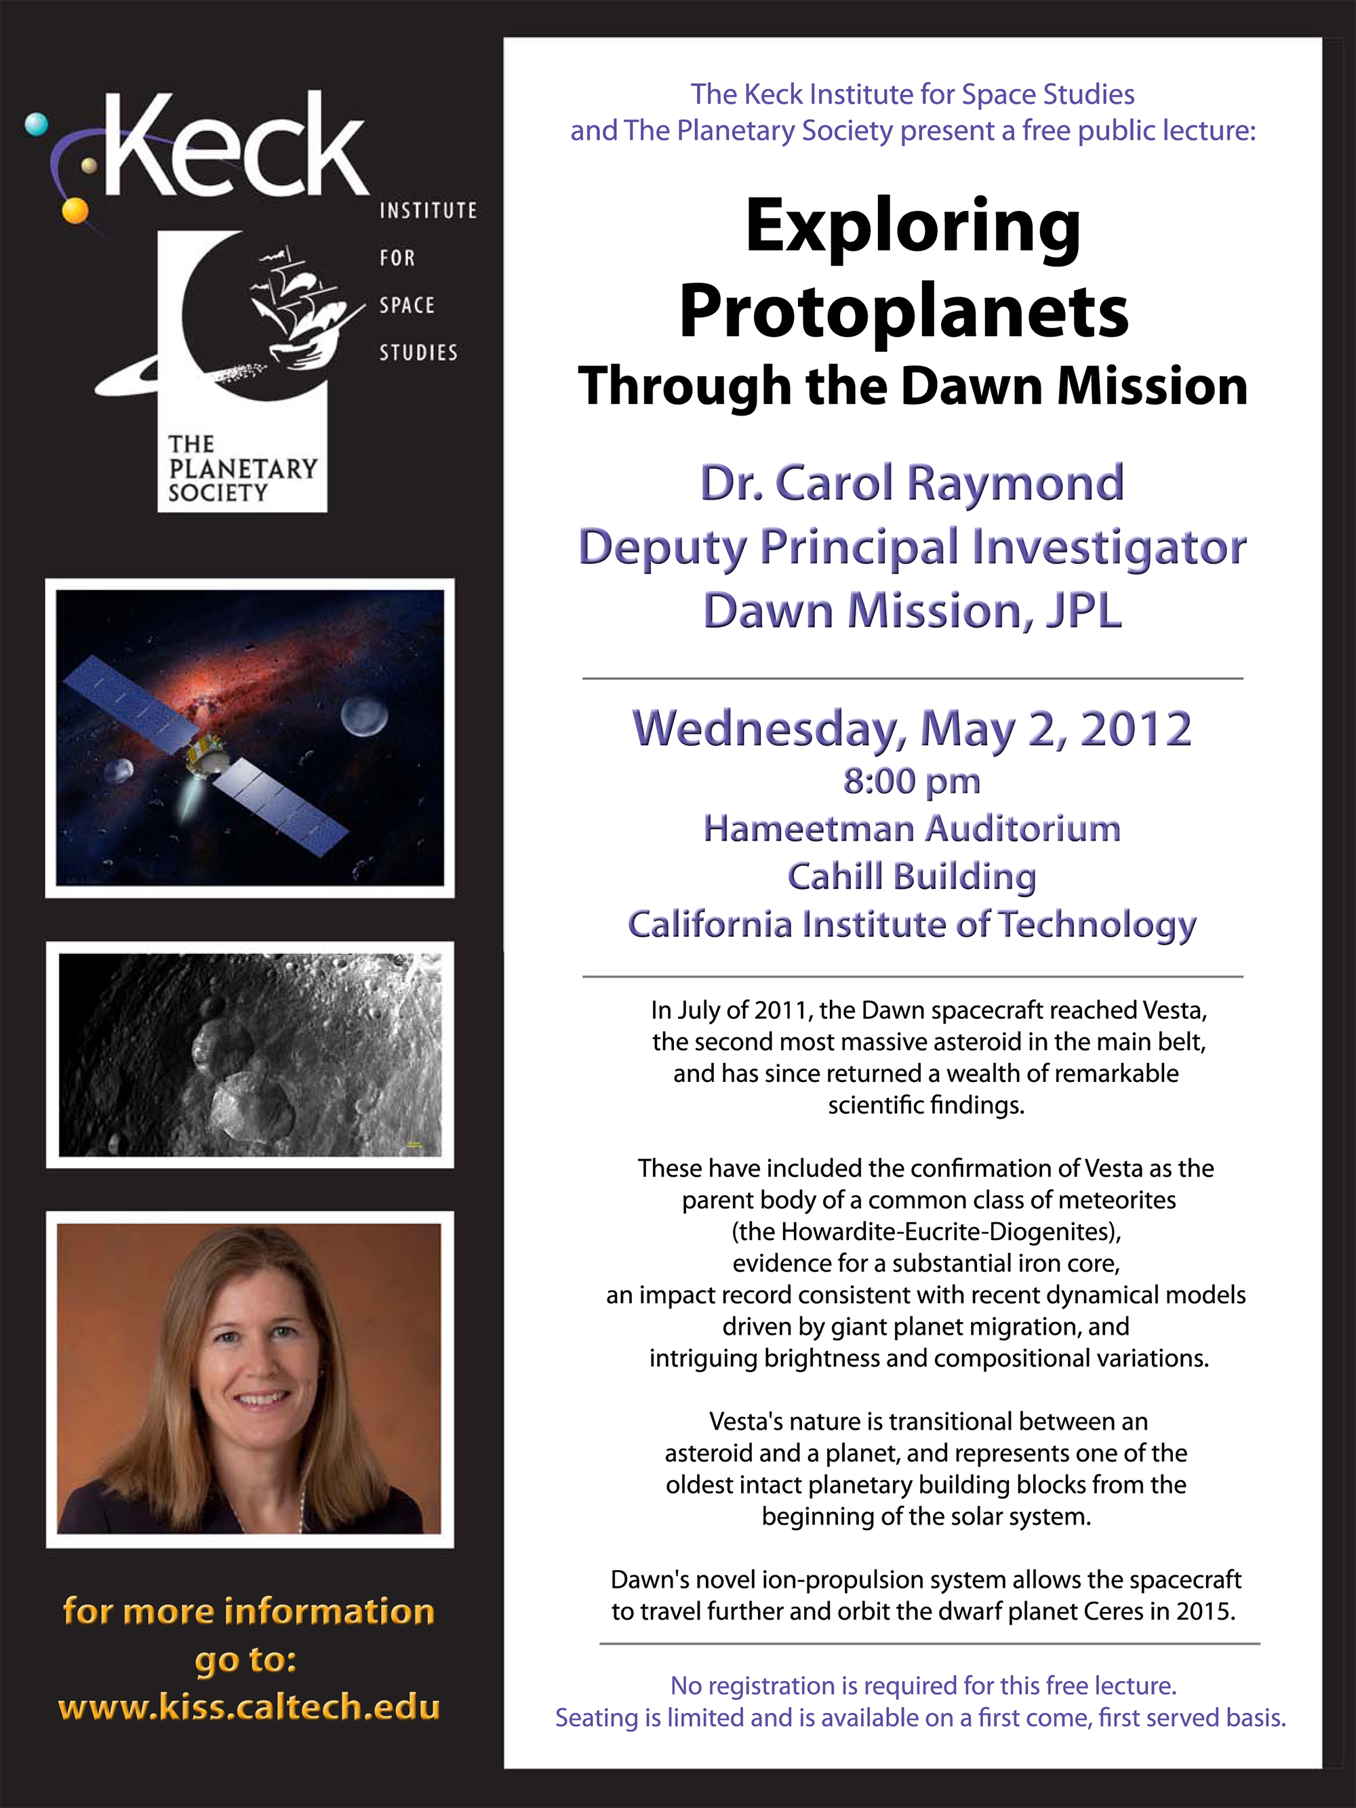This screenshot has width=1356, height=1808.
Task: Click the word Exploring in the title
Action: click(913, 230)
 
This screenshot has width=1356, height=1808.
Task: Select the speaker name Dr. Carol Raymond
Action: click(912, 483)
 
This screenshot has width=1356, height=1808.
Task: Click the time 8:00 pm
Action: click(911, 782)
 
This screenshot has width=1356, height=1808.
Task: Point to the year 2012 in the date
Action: click(1136, 728)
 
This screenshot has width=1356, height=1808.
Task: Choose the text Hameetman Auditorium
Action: click(912, 829)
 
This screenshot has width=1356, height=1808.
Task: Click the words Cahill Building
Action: click(912, 878)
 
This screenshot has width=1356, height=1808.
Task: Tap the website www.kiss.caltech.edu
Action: click(248, 1708)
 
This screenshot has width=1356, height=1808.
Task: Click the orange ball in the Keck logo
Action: click(75, 211)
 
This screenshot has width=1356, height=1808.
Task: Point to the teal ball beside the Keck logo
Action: click(37, 125)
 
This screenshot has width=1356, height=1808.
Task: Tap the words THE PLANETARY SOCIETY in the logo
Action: click(242, 468)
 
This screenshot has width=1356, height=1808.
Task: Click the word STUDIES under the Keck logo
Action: click(418, 353)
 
